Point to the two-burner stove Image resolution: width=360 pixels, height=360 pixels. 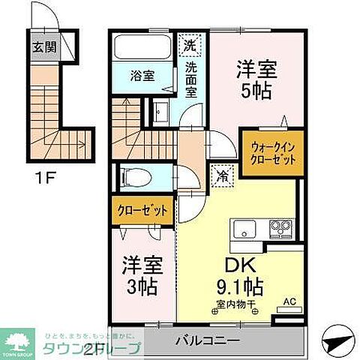(x=281, y=228)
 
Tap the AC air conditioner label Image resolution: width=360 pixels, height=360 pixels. (x=288, y=303)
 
